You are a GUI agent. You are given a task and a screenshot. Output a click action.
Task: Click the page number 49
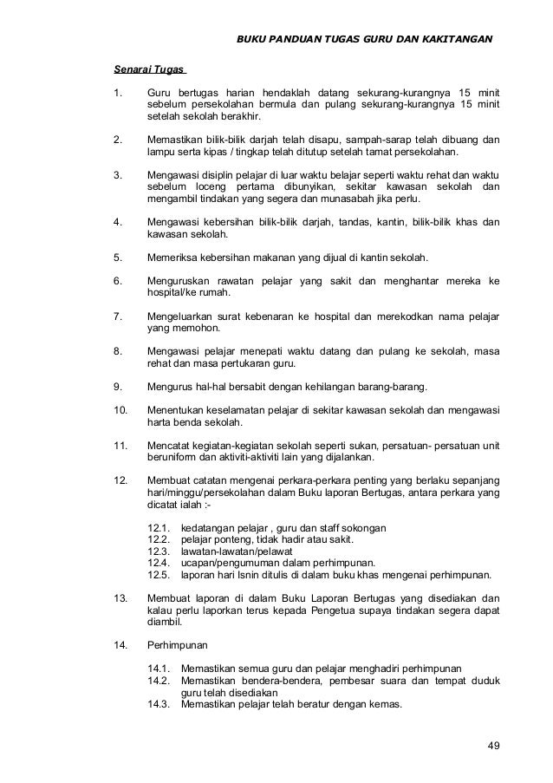click(x=493, y=747)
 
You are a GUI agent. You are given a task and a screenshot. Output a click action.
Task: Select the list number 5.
click(x=119, y=258)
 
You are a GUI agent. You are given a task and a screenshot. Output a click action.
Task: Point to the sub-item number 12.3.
click(x=160, y=551)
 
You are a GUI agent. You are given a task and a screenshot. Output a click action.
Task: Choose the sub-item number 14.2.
click(x=160, y=681)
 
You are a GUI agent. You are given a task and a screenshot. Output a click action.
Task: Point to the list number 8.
click(x=119, y=349)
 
